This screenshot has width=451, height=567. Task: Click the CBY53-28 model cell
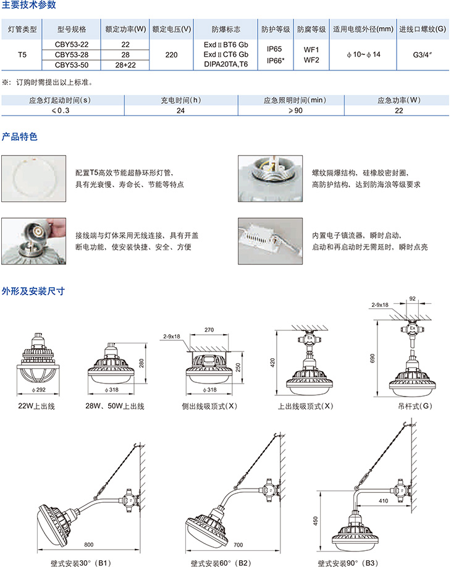pyautogui.click(x=72, y=54)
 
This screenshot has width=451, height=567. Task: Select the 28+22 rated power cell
pyautogui.click(x=125, y=65)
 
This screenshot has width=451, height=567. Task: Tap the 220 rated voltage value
pyautogui.click(x=171, y=55)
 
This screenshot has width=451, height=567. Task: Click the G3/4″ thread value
pyautogui.click(x=423, y=55)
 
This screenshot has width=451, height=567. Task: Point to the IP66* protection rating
pyautogui.click(x=275, y=61)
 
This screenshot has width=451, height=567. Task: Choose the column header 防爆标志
pyautogui.click(x=225, y=29)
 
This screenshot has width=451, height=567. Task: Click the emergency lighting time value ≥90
pyautogui.click(x=295, y=111)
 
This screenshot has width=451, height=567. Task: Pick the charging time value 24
pyautogui.click(x=180, y=111)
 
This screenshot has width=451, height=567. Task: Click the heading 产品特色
pyautogui.click(x=20, y=136)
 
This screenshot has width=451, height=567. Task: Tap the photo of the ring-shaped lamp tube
pyautogui.click(x=33, y=178)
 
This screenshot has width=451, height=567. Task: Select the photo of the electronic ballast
pyautogui.click(x=270, y=241)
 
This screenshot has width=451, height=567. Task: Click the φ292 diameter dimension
pyautogui.click(x=38, y=390)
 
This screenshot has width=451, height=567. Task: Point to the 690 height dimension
pyautogui.click(x=373, y=358)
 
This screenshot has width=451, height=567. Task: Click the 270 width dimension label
pyautogui.click(x=209, y=330)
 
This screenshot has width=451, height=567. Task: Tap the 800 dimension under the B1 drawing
pyautogui.click(x=88, y=545)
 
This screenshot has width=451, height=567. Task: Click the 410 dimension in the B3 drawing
pyautogui.click(x=384, y=501)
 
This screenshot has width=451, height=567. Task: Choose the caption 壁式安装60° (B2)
pyautogui.click(x=221, y=563)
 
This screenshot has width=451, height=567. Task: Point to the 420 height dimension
pyautogui.click(x=272, y=363)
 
